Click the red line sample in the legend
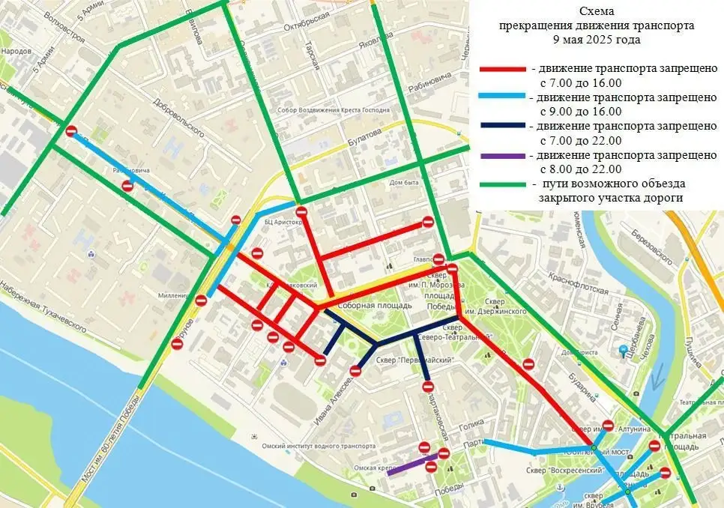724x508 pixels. pyautogui.click(x=502, y=68)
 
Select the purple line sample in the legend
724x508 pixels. pyautogui.click(x=502, y=156)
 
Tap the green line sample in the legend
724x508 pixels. pyautogui.click(x=502, y=184)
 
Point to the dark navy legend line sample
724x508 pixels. pyautogui.click(x=502, y=127)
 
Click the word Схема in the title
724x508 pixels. pyautogui.click(x=597, y=12)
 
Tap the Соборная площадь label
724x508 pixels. pyautogui.click(x=375, y=306)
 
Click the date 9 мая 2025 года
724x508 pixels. pyautogui.click(x=597, y=39)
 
